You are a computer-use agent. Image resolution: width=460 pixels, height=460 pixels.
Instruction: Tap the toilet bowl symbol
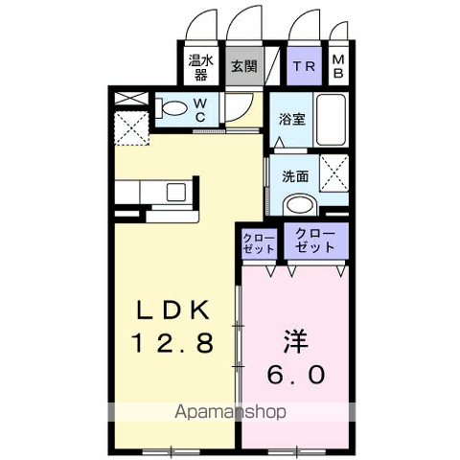(173, 109)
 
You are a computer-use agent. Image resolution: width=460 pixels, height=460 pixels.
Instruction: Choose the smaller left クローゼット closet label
(257, 241)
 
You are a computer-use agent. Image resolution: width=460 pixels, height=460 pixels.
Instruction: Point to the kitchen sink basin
(177, 191)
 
